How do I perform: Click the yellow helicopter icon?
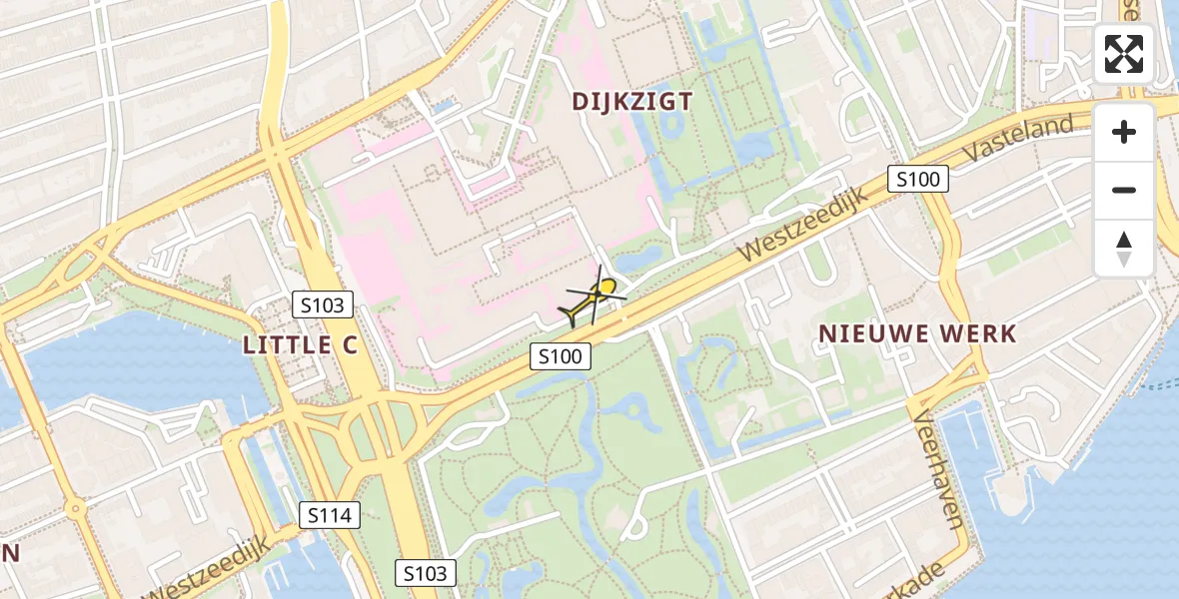(x=595, y=298)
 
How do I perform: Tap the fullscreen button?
(x=1124, y=54)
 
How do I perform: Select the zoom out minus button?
(x=1124, y=190)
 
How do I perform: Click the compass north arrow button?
(x=1124, y=248)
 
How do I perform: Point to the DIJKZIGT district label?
(x=632, y=101)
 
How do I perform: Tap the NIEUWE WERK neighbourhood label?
(x=917, y=334)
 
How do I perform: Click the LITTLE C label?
(x=301, y=345)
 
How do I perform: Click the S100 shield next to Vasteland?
(x=918, y=180)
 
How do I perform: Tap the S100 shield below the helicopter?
(x=561, y=355)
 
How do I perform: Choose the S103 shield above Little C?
(x=323, y=305)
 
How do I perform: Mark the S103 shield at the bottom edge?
(x=427, y=573)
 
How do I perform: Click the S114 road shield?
(x=329, y=515)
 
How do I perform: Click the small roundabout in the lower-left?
(x=75, y=508)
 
